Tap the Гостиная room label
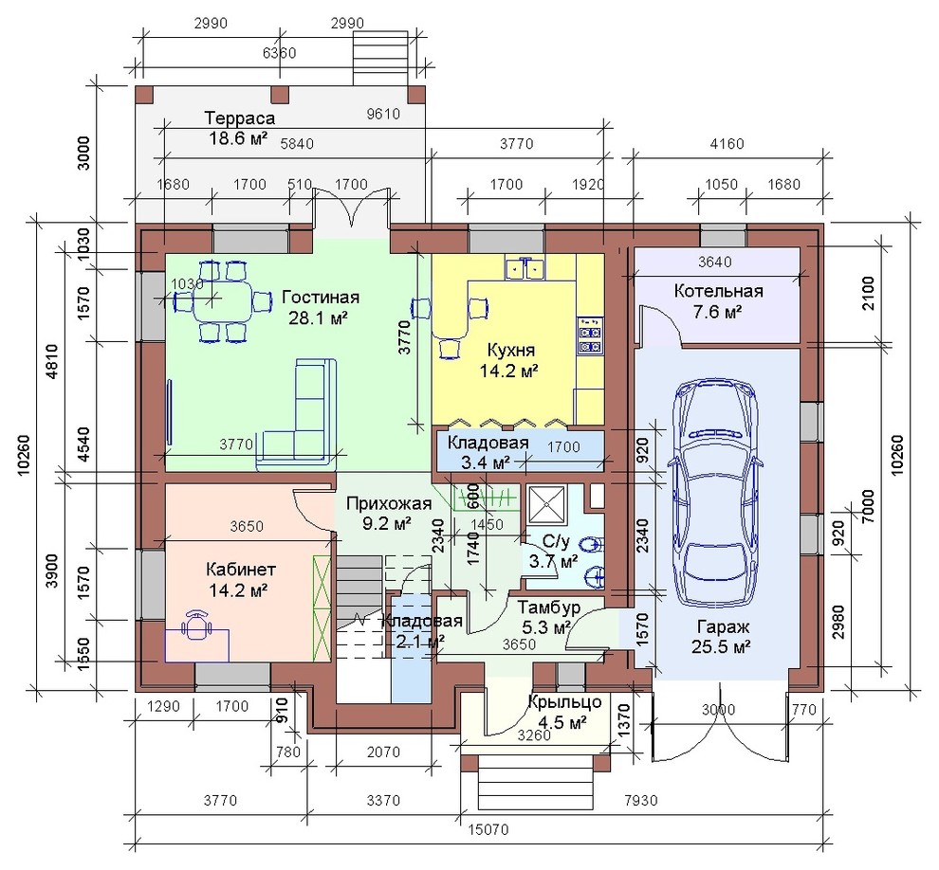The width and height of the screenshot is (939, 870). click(x=321, y=298)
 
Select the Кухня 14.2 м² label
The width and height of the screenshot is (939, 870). click(x=509, y=360)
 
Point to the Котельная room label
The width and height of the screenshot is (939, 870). click(x=718, y=291)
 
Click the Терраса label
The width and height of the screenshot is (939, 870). click(x=240, y=117)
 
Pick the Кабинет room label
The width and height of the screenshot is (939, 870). click(x=240, y=568)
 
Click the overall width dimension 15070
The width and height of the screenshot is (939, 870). click(x=488, y=829)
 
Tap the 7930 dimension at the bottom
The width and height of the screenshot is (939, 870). click(x=641, y=800)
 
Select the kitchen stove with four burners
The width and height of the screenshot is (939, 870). click(x=590, y=336)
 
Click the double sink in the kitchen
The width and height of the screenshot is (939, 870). click(x=525, y=267)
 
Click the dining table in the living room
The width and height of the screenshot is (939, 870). click(x=220, y=301)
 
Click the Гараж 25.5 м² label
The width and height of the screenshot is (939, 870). click(x=722, y=637)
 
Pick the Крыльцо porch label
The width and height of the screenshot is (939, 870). click(x=564, y=701)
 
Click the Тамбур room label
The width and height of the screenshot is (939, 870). click(x=549, y=607)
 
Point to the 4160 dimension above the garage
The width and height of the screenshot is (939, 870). click(x=727, y=144)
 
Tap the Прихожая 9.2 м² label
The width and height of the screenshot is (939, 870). click(x=388, y=514)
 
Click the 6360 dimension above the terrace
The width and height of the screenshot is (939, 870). click(x=280, y=53)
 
